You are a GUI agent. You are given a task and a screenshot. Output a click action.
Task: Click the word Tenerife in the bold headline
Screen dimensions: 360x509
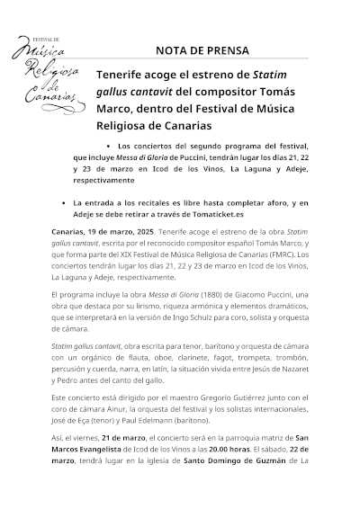click(129, 78)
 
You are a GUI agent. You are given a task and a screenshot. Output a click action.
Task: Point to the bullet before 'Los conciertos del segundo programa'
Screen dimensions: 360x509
click(108, 146)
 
